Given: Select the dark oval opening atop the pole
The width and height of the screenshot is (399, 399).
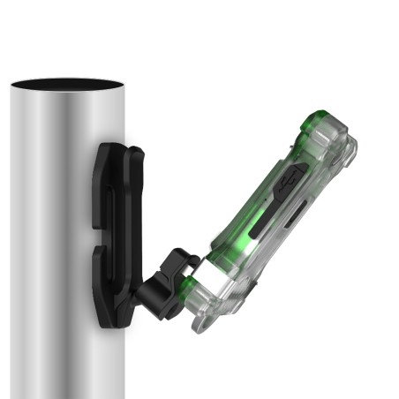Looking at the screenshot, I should [67, 85].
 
